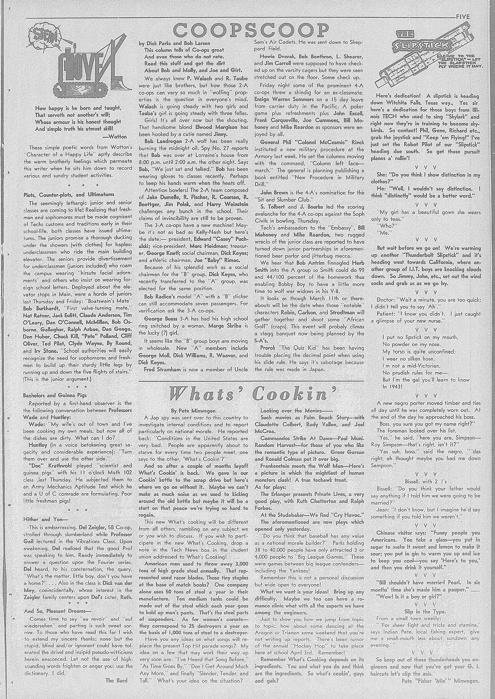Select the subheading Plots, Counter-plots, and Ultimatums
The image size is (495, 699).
pyautogui.click(x=69, y=194)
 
